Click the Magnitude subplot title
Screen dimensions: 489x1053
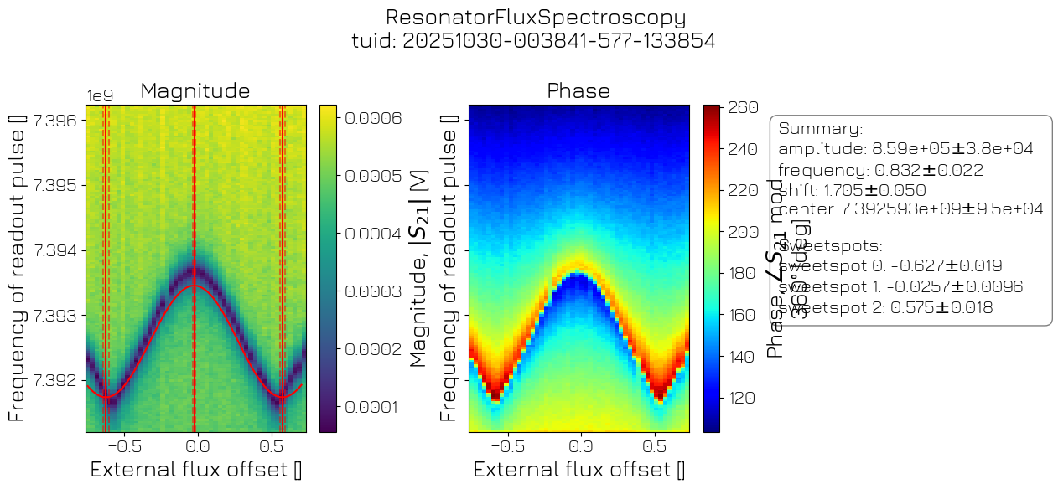(195, 90)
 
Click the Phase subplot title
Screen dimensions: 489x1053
(578, 90)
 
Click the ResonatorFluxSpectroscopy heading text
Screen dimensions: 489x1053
(535, 18)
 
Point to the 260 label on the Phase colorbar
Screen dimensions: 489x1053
(741, 107)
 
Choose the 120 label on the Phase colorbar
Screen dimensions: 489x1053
(741, 397)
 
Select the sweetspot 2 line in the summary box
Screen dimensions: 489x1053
(885, 307)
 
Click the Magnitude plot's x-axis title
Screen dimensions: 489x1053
(195, 470)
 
